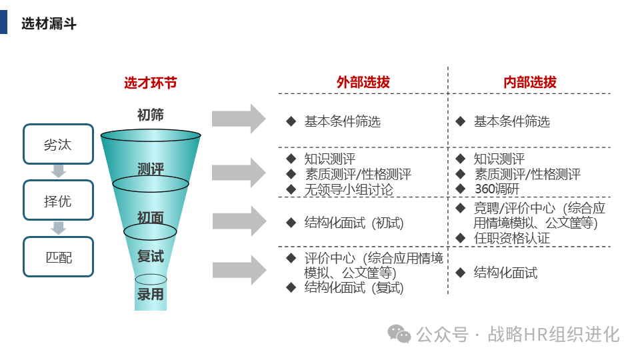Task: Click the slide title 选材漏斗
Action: [49, 24]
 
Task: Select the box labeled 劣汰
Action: [58, 144]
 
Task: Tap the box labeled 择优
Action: [58, 201]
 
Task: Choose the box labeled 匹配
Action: [58, 257]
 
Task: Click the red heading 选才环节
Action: [151, 83]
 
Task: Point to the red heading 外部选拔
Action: [363, 83]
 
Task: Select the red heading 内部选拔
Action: [530, 83]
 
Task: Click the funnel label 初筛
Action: [151, 115]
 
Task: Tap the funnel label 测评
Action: [151, 168]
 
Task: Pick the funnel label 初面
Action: [151, 217]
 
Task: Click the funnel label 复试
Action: [151, 256]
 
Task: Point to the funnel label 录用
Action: [151, 293]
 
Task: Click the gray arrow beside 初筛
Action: [238, 119]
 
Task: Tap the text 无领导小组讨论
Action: [349, 189]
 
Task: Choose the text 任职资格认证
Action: [512, 238]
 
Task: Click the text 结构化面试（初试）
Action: [354, 223]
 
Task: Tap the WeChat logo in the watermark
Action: [400, 333]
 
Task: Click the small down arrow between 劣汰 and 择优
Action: [59, 171]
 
